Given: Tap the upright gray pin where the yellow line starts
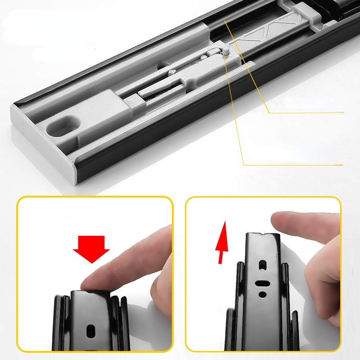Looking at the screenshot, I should [x=225, y=51].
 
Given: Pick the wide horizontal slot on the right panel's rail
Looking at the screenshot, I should [x=261, y=284].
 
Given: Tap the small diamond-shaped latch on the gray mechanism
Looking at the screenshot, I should [x=172, y=72].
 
